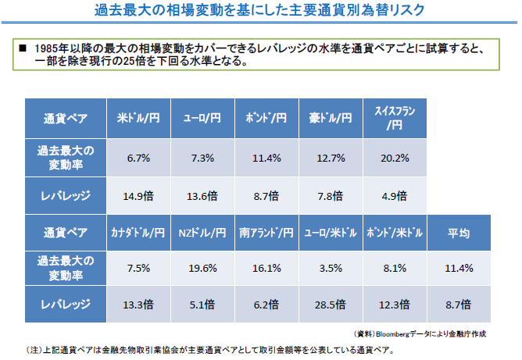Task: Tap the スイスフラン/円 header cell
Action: pos(395,119)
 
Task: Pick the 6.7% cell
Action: pos(138,158)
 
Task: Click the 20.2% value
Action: pos(395,158)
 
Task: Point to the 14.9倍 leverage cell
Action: pos(138,195)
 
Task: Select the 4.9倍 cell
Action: pos(395,195)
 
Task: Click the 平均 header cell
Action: pos(459,232)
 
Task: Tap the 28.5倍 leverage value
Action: pos(331,305)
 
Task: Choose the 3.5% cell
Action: pos(331,268)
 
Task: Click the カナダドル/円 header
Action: pos(138,232)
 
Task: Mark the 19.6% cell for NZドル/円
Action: pos(202,268)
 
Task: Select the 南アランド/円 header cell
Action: pos(266,232)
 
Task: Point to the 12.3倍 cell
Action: pos(395,305)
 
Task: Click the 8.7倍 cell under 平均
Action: pos(459,305)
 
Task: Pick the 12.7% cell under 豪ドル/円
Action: pos(331,158)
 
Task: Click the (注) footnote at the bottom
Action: pos(211,349)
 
